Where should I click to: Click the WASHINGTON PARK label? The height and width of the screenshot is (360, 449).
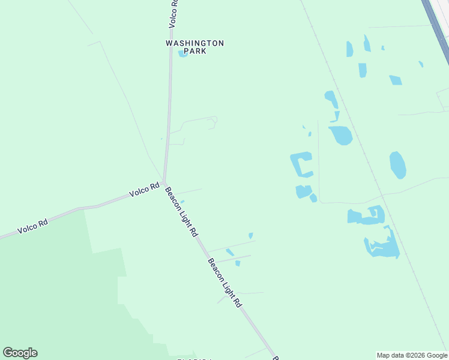(x=194, y=47)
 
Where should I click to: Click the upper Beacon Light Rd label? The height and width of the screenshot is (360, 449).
(x=181, y=212)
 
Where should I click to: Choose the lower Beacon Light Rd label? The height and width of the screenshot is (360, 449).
(x=224, y=283)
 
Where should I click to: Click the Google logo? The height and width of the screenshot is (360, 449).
(x=20, y=353)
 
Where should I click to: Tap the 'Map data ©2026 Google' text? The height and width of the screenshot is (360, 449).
(x=412, y=355)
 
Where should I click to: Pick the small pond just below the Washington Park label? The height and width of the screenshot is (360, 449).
(x=182, y=54)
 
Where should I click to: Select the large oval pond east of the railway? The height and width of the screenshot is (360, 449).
(x=397, y=164)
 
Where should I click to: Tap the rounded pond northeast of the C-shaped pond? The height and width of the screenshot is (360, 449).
(x=340, y=135)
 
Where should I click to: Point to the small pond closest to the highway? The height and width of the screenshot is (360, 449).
(x=421, y=64)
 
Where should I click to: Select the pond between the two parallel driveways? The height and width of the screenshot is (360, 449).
(x=230, y=253)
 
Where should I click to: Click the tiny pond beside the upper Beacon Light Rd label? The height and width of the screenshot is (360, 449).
(x=182, y=201)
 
